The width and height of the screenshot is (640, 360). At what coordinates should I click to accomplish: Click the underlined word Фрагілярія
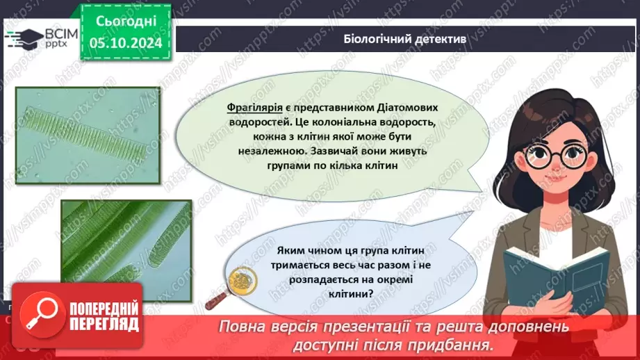tap(255, 107)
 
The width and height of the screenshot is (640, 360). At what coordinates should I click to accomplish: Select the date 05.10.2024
tap(126, 43)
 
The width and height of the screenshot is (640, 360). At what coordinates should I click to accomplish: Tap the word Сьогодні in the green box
tap(126, 21)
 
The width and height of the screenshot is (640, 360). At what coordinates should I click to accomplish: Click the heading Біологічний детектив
tap(404, 39)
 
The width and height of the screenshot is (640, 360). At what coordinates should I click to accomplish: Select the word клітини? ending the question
tap(351, 293)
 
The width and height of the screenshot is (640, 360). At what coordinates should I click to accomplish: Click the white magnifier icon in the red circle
tap(42, 315)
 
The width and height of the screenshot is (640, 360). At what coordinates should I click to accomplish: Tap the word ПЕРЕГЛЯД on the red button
tap(104, 325)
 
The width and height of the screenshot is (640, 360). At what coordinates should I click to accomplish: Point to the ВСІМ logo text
tap(61, 34)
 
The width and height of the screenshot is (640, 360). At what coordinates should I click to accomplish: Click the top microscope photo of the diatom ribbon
tap(88, 136)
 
